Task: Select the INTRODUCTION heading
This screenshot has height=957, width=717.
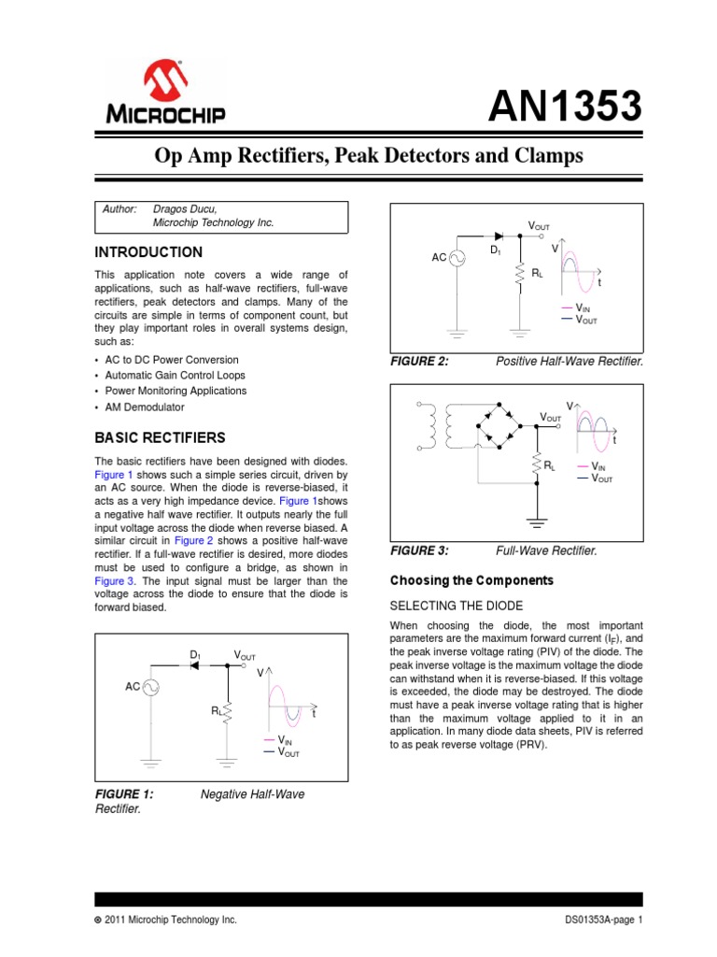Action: click(x=148, y=252)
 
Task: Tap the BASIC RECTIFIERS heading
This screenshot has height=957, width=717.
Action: click(x=161, y=437)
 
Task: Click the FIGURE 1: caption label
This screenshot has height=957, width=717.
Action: click(x=124, y=794)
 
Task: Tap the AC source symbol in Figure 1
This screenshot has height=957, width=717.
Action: click(x=148, y=687)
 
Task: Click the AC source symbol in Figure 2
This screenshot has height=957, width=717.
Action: click(x=458, y=257)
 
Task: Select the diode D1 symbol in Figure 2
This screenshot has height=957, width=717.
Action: click(x=498, y=236)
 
